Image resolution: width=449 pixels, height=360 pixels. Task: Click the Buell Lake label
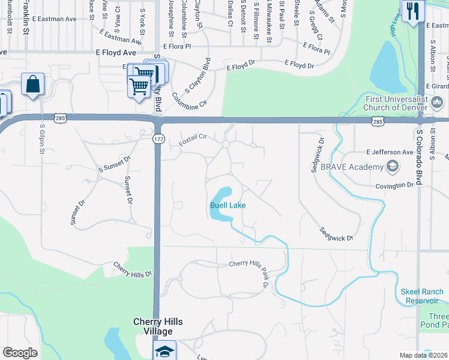coord(228,205)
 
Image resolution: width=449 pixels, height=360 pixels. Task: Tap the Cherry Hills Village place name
coord(157,326)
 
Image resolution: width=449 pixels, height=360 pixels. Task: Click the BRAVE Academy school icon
coord(393,166)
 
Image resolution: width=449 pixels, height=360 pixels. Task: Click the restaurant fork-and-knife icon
coord(413,11)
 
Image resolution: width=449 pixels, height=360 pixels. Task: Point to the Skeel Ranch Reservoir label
coord(423,296)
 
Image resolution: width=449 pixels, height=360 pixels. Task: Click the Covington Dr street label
coord(395,185)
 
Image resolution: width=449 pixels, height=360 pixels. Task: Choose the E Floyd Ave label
coord(116,53)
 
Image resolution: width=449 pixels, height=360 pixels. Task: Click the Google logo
coord(20,353)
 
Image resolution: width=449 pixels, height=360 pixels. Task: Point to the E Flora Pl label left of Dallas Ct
coord(176,46)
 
